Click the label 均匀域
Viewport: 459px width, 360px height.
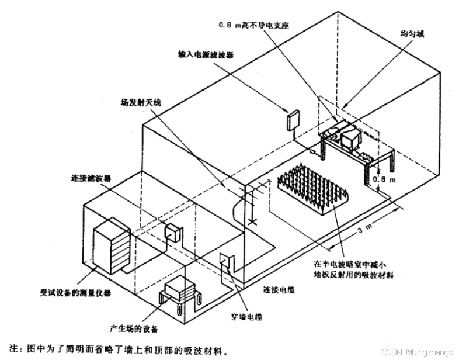coord(412,34)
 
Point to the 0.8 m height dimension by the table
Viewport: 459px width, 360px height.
coord(384,179)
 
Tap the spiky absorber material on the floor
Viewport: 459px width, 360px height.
coord(313,188)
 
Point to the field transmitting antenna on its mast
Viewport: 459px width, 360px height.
coord(252,202)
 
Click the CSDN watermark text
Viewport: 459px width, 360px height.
coord(416,352)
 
